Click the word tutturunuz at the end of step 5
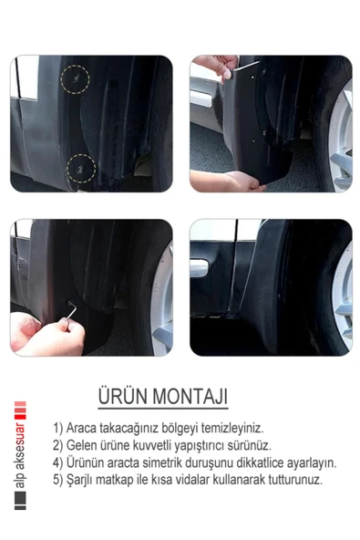290,479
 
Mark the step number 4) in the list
58,462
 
